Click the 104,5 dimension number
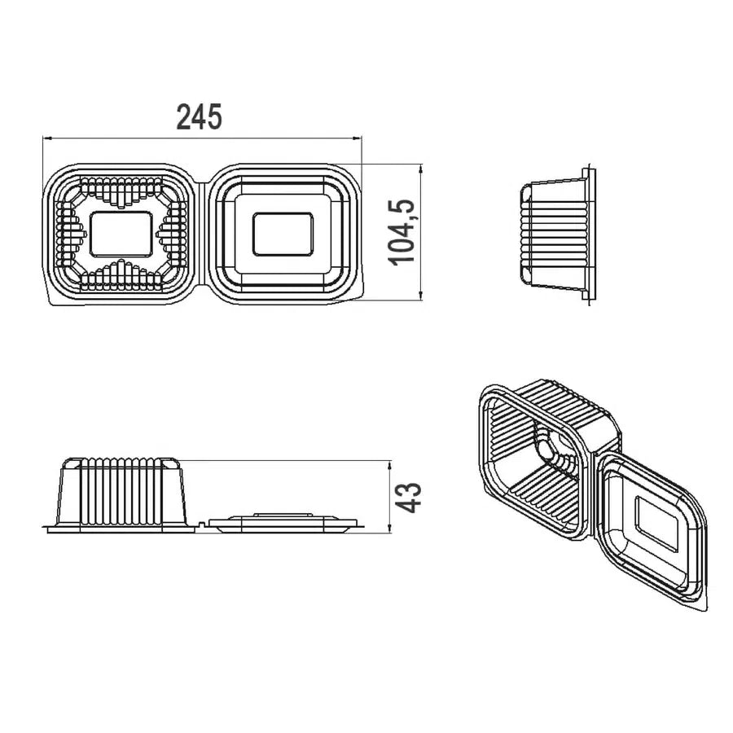(x=402, y=233)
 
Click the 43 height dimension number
(x=408, y=498)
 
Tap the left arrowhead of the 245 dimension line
(x=46, y=138)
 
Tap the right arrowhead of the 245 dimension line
(x=358, y=138)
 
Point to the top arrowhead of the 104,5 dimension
(x=422, y=169)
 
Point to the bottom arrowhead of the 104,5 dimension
(x=422, y=295)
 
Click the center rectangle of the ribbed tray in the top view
(x=121, y=234)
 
